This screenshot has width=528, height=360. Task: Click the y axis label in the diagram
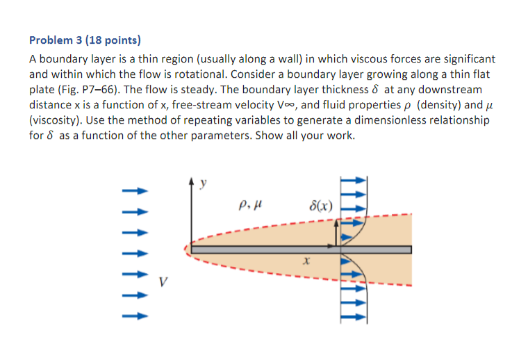[x=204, y=184]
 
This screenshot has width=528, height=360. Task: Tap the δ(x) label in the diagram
[x=321, y=206]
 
